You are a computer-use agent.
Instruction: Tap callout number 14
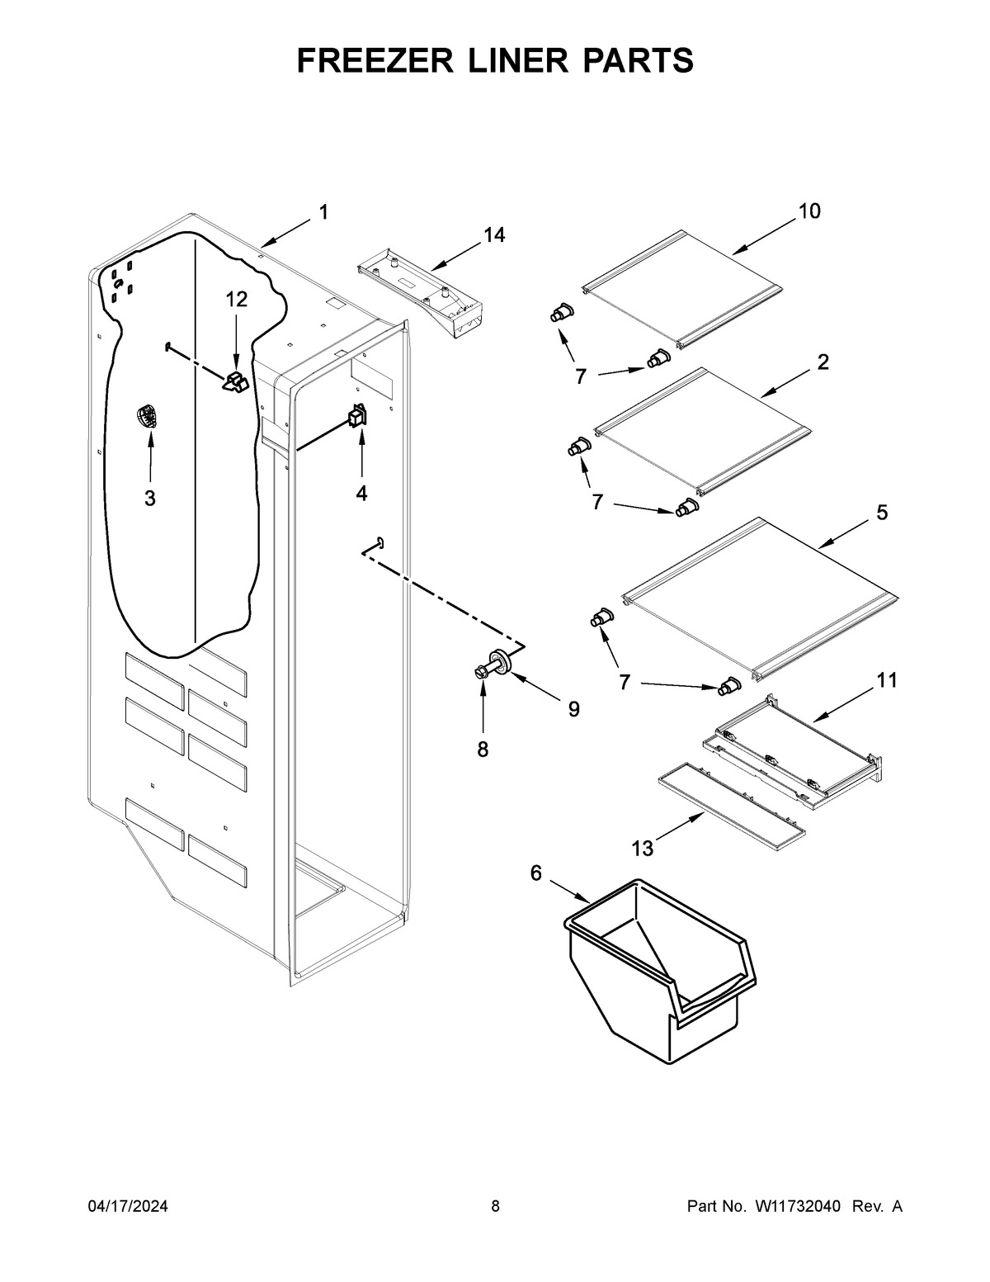pos(493,235)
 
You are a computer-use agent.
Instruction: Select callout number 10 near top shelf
pos(808,211)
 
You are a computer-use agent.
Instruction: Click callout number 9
pos(573,708)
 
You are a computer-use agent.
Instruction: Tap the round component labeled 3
pos(147,417)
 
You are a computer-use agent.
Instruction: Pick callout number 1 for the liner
pos(323,212)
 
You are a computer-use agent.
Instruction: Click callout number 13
pos(642,848)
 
